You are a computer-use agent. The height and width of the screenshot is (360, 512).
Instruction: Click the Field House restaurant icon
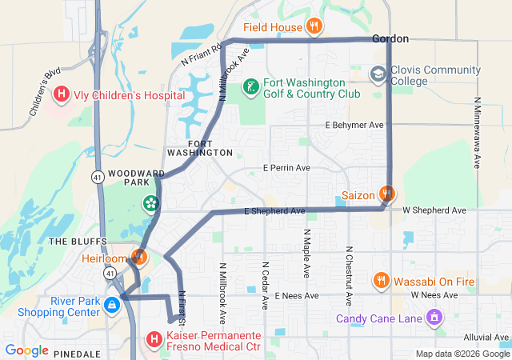tap(314, 26)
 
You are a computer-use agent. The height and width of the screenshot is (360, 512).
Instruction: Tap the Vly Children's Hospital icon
tap(61, 94)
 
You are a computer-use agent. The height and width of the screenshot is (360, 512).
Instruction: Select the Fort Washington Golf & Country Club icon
tap(250, 86)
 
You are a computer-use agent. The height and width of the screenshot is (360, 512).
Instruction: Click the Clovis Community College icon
tap(377, 74)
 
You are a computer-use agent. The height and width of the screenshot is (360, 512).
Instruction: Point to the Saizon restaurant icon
tap(387, 194)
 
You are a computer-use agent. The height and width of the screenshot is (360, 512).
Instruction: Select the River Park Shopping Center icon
tap(113, 304)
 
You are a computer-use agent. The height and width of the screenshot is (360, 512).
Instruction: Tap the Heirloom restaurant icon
tap(138, 258)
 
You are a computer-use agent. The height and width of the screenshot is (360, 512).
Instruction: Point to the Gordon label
tap(390, 38)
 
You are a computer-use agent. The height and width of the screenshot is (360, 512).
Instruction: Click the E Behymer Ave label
tap(354, 126)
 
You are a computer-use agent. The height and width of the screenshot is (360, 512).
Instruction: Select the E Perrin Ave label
tap(287, 169)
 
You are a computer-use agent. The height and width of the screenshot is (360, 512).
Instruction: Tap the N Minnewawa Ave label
tap(477, 132)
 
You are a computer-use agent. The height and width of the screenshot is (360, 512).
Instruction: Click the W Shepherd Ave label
tap(434, 210)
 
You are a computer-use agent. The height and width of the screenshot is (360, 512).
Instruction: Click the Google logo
tap(27, 350)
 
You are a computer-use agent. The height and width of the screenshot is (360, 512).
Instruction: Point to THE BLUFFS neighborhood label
tap(74, 241)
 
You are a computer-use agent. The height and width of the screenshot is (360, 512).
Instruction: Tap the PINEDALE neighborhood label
tap(78, 353)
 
